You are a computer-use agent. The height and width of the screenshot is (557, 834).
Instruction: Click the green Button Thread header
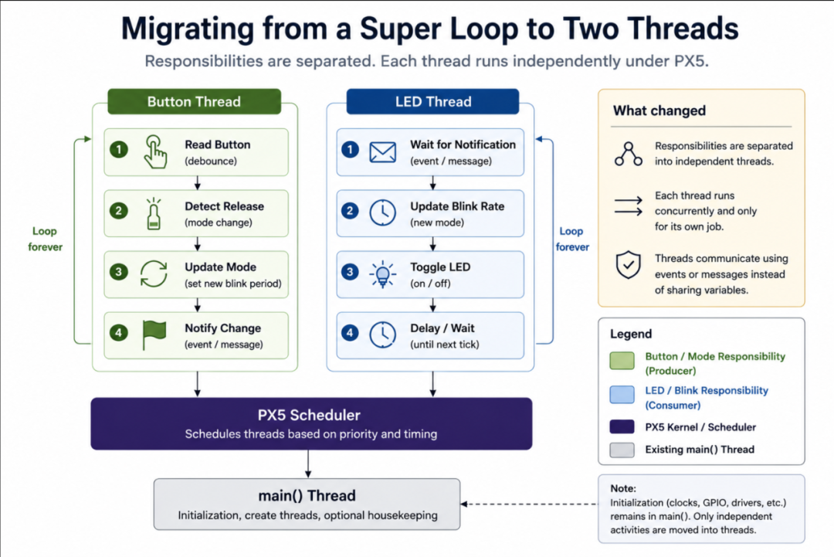[194, 101]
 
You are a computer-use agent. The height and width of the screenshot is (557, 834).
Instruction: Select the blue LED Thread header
[432, 101]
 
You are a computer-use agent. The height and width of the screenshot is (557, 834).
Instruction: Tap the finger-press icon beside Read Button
[154, 152]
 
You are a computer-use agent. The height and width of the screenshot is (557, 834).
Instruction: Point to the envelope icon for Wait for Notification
[383, 152]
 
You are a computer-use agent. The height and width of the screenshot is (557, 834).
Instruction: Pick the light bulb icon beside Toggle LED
[382, 274]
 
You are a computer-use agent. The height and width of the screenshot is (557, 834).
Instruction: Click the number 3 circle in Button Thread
[119, 272]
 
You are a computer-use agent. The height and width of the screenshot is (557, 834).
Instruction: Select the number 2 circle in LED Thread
[350, 211]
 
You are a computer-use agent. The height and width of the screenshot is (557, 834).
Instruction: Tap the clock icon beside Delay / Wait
[382, 335]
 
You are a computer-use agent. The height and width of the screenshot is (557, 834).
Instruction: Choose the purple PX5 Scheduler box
[311, 423]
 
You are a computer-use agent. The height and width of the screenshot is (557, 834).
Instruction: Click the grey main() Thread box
[307, 504]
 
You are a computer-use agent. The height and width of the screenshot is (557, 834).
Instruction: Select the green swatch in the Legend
[622, 360]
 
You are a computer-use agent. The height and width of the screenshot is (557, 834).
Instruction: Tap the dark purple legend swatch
[622, 426]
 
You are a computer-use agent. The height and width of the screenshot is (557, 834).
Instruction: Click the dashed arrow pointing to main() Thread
[529, 504]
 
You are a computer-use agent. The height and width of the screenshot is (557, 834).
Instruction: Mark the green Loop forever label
[46, 239]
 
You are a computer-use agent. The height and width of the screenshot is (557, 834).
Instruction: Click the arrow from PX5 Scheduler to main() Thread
[308, 464]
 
